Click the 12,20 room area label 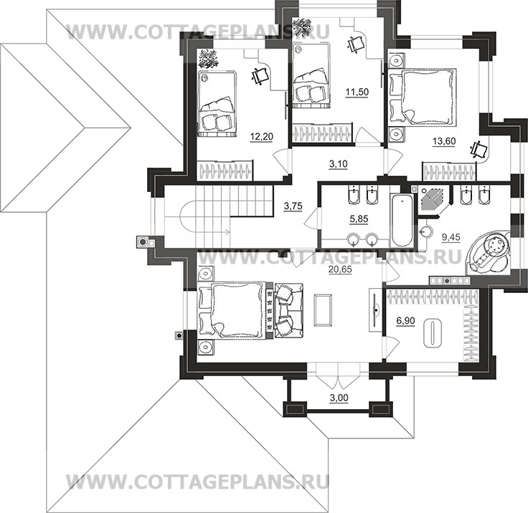coord(262,137)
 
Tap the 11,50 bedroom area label coord(357,92)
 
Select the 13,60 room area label coord(444,141)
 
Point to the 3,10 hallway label coord(338,164)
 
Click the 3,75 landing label coord(293,206)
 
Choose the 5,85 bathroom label coord(359,219)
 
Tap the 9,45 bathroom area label coord(451,237)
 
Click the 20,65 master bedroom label coord(340,269)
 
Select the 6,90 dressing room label coord(405,321)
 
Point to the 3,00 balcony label coord(339,398)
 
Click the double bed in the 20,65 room coord(236,310)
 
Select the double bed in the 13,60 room coord(423,97)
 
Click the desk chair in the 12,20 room coord(260,77)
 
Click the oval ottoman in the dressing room coord(432,333)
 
